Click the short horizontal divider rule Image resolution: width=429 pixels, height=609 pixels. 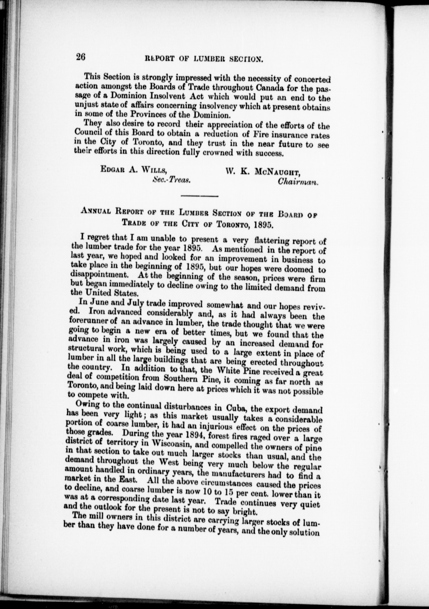199,196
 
